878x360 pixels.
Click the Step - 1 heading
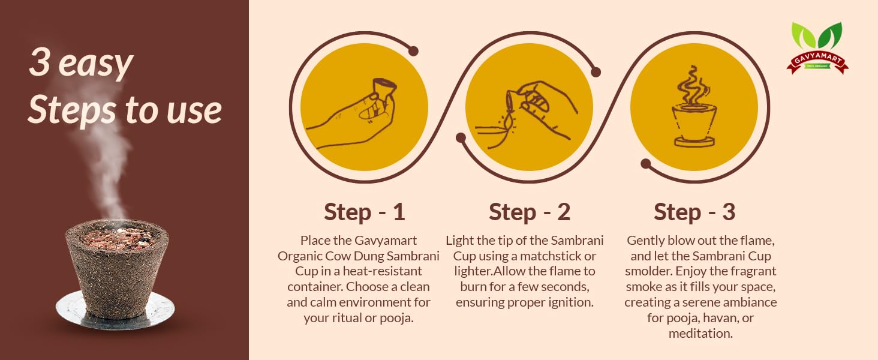click(x=364, y=212)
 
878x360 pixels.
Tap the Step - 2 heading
click(x=529, y=212)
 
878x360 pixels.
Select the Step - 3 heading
click(x=694, y=212)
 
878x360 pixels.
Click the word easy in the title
click(x=95, y=64)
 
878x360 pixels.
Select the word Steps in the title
click(x=72, y=110)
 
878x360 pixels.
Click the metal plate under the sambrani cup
click(x=115, y=310)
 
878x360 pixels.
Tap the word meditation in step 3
click(x=700, y=334)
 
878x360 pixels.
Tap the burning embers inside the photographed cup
click(x=117, y=238)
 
